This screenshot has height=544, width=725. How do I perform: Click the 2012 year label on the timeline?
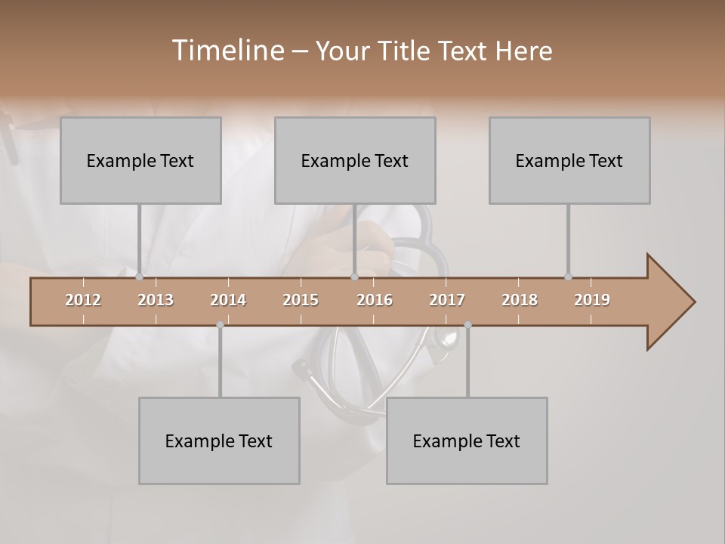[x=83, y=300]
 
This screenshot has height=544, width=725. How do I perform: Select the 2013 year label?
[x=156, y=300]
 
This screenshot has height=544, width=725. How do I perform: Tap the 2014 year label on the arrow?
[x=228, y=300]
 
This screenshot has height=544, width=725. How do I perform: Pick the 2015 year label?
[x=301, y=300]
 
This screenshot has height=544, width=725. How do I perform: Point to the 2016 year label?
[x=375, y=300]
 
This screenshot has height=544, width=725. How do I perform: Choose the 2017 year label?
[x=447, y=300]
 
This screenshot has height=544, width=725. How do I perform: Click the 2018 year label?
[x=520, y=300]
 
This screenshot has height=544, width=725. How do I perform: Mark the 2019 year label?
[x=592, y=300]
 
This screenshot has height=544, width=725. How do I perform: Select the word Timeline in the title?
[x=226, y=51]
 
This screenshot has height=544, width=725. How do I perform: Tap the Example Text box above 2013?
[x=140, y=160]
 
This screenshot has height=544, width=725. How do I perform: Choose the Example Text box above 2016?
[x=355, y=160]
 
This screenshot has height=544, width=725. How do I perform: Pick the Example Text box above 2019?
[x=569, y=160]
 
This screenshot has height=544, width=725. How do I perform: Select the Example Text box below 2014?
[x=219, y=440]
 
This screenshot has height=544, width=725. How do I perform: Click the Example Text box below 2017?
[x=467, y=440]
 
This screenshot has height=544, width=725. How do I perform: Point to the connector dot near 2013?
[x=140, y=277]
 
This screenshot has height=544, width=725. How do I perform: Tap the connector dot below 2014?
[x=220, y=325]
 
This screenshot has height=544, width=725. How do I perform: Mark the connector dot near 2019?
[x=568, y=277]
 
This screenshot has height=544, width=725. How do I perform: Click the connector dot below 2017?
[x=467, y=325]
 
